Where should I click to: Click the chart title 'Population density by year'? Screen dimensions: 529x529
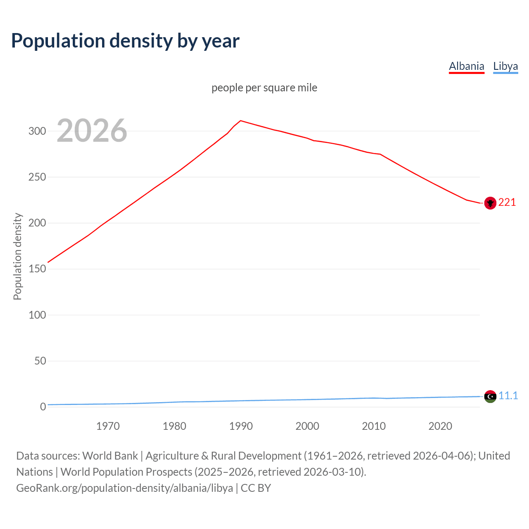click(x=125, y=41)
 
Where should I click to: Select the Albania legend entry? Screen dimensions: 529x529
click(x=466, y=66)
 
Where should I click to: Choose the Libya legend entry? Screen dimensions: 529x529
click(x=505, y=66)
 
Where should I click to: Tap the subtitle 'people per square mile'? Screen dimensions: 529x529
click(x=264, y=88)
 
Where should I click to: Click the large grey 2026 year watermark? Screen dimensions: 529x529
click(x=92, y=131)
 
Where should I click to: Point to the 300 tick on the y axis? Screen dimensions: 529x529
click(x=37, y=131)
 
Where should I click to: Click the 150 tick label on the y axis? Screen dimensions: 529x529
click(x=37, y=269)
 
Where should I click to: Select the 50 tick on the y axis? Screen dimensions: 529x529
click(x=40, y=361)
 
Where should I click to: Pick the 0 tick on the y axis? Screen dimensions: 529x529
click(x=43, y=407)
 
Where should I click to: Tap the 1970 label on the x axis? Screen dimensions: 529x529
click(x=108, y=426)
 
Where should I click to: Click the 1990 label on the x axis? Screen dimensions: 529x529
click(x=241, y=426)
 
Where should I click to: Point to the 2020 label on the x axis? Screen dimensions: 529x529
click(x=440, y=426)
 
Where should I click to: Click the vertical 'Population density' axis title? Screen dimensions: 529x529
click(x=17, y=256)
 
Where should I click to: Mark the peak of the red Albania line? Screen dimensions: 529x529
click(x=241, y=121)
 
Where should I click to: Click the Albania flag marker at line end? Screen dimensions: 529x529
click(x=490, y=203)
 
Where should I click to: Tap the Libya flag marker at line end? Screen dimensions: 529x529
click(x=490, y=396)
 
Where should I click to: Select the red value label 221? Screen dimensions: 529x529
click(x=507, y=202)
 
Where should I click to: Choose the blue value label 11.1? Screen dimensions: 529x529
click(x=508, y=396)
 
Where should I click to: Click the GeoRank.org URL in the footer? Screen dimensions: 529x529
click(x=124, y=488)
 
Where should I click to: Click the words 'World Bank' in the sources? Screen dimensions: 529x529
click(x=110, y=455)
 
